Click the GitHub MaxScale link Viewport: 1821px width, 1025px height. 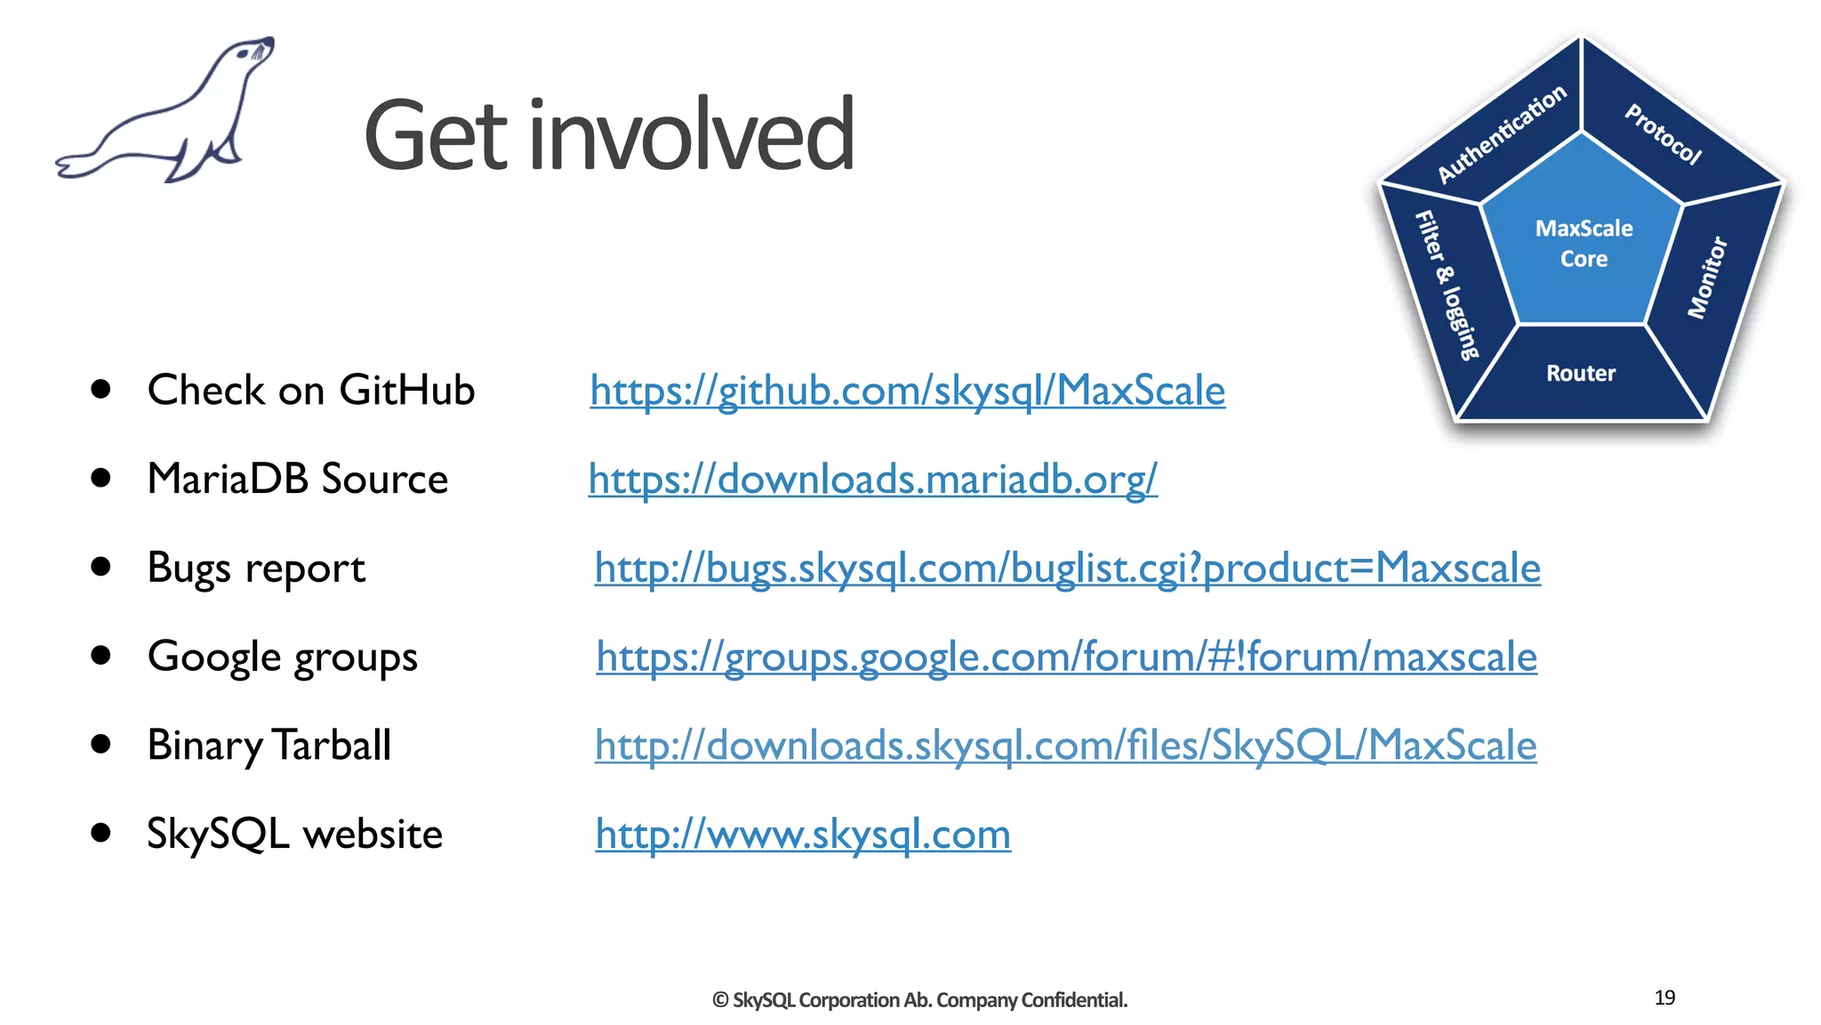[907, 391]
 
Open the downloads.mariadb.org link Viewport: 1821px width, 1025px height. [872, 480]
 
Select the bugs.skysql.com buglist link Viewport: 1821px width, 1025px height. [1067, 569]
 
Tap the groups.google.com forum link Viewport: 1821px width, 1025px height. [1066, 658]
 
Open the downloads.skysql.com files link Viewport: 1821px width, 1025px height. [1065, 746]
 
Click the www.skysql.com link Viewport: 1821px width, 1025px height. [803, 835]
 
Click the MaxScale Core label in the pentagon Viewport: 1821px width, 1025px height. [1584, 243]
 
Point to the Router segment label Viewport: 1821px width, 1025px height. [1580, 374]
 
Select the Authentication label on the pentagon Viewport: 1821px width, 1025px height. [1502, 133]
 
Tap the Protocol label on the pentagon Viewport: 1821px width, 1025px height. [1663, 134]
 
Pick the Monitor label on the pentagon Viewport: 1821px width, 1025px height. [1706, 277]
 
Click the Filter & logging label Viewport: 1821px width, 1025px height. [1447, 285]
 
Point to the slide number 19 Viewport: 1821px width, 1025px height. [1665, 997]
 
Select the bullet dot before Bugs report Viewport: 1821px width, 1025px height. [100, 567]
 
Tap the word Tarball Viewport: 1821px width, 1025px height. [331, 746]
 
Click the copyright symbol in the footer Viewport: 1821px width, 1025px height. [720, 1000]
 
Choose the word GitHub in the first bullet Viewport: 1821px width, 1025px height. [406, 391]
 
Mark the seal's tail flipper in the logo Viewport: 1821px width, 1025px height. [76, 165]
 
